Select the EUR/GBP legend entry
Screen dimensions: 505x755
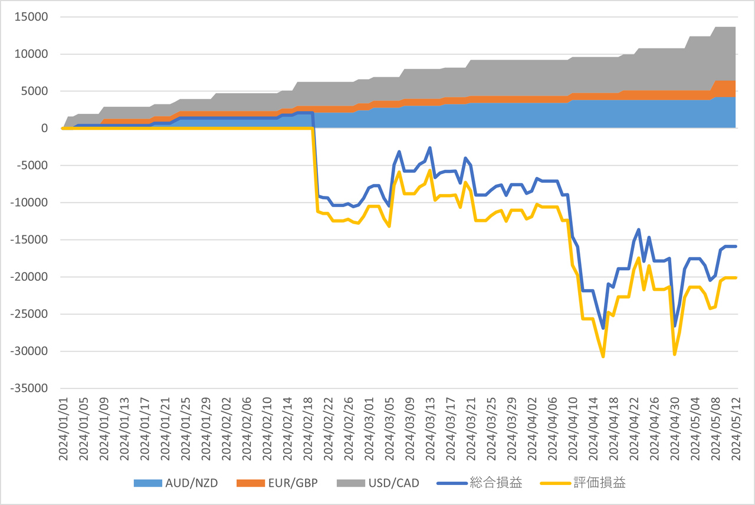277,483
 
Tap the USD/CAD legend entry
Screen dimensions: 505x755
378,483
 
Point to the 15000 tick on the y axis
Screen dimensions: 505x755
31,17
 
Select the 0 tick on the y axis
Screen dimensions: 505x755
44,128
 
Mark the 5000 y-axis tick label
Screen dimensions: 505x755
34,91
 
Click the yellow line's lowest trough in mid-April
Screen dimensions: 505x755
603,356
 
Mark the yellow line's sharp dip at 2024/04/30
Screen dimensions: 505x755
674,354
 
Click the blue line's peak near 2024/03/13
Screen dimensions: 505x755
430,147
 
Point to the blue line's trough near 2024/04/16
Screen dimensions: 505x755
603,328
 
